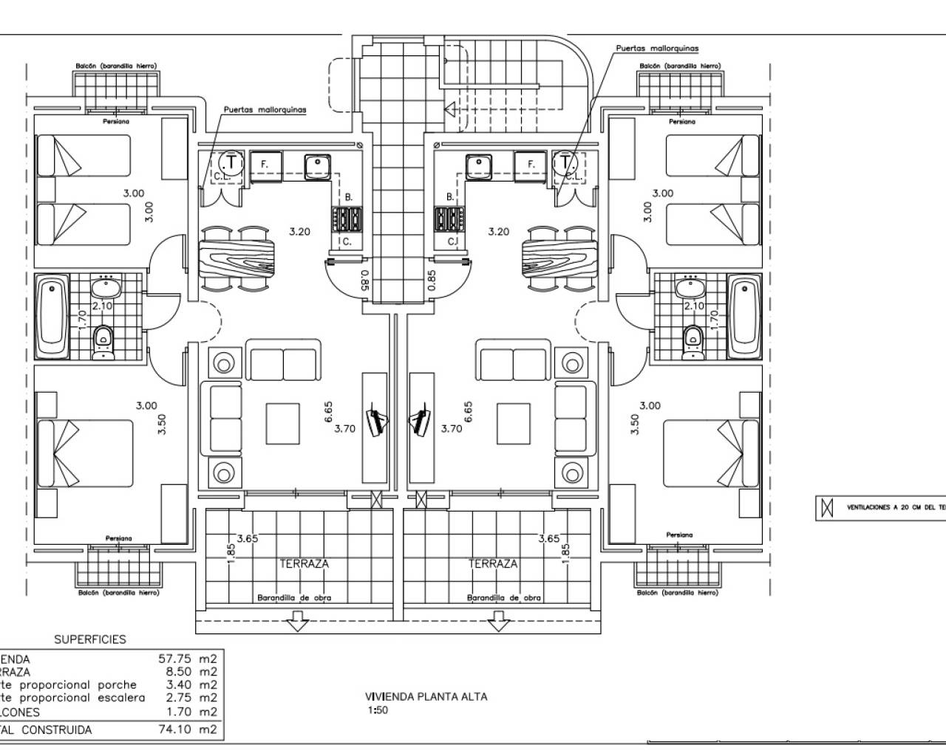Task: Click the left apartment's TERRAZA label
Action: click(x=304, y=563)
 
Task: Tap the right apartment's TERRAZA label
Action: click(x=493, y=563)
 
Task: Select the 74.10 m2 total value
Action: click(x=188, y=729)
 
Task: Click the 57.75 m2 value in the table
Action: click(x=188, y=659)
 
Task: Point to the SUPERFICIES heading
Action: click(x=89, y=639)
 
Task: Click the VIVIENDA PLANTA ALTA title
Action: click(x=426, y=696)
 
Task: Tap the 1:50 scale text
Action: click(x=377, y=711)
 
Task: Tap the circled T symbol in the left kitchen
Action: click(x=231, y=161)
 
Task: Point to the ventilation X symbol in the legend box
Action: click(x=827, y=507)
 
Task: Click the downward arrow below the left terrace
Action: click(x=297, y=625)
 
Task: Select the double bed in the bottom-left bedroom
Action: click(x=87, y=454)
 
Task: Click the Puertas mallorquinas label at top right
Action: click(x=657, y=47)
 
